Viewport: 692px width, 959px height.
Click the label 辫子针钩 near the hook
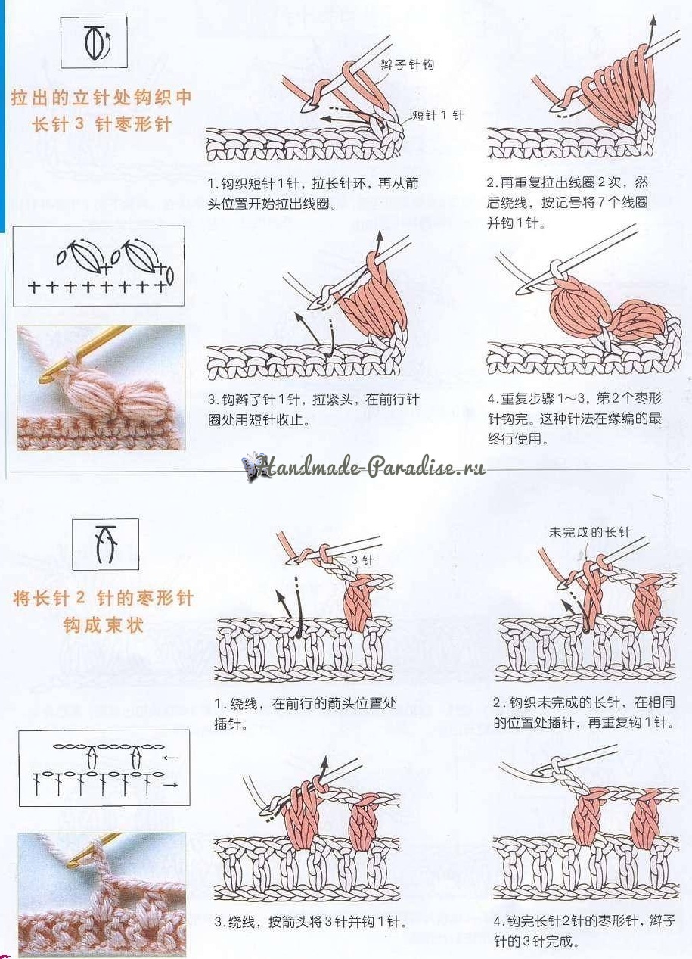407,65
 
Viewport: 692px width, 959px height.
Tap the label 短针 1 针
438,115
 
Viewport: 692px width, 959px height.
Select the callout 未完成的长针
589,532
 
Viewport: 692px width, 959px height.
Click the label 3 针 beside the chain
363,559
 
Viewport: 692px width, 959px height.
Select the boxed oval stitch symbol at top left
94,43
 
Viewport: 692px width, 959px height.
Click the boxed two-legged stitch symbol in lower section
105,544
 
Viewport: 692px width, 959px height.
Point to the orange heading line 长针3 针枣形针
102,126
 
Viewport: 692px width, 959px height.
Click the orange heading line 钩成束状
103,626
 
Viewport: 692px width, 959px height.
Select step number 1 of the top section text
213,184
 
